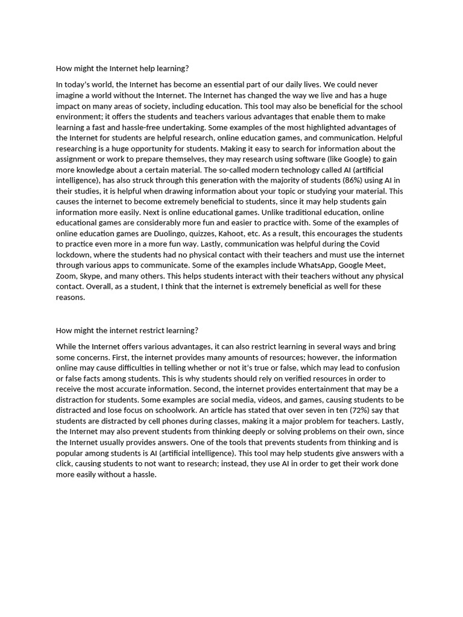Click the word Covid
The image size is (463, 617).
click(375, 244)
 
